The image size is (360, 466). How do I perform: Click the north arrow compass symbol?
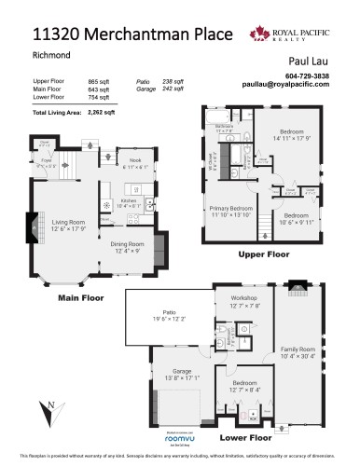pyautogui.click(x=44, y=407)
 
